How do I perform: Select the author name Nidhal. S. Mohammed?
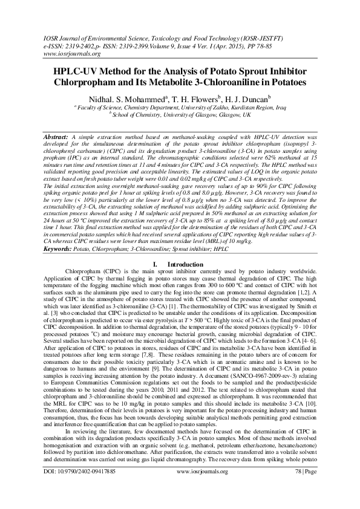click(x=128, y=98)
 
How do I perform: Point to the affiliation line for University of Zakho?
click(x=180, y=106)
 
